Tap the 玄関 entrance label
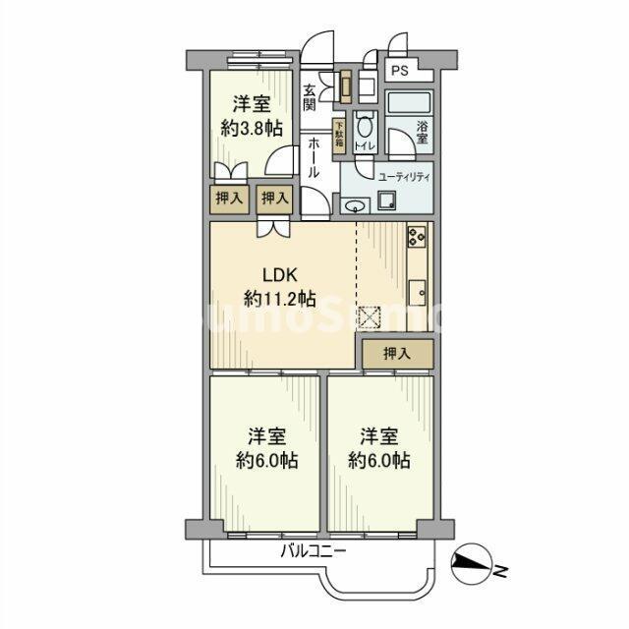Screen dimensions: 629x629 pyautogui.click(x=310, y=97)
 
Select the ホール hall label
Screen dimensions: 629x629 pyautogui.click(x=314, y=157)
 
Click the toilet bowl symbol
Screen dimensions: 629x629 pyautogui.click(x=365, y=127)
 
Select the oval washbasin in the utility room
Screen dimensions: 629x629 pyautogui.click(x=356, y=204)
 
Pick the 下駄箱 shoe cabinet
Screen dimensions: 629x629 pyautogui.click(x=337, y=133)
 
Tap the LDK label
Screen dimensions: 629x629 pyautogui.click(x=278, y=276)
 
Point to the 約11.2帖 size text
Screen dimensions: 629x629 pyautogui.click(x=280, y=298)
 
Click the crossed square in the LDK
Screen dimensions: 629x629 pyautogui.click(x=371, y=317)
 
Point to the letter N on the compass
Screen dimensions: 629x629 pyautogui.click(x=500, y=570)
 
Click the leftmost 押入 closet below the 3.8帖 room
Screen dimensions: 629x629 pyautogui.click(x=229, y=199)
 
